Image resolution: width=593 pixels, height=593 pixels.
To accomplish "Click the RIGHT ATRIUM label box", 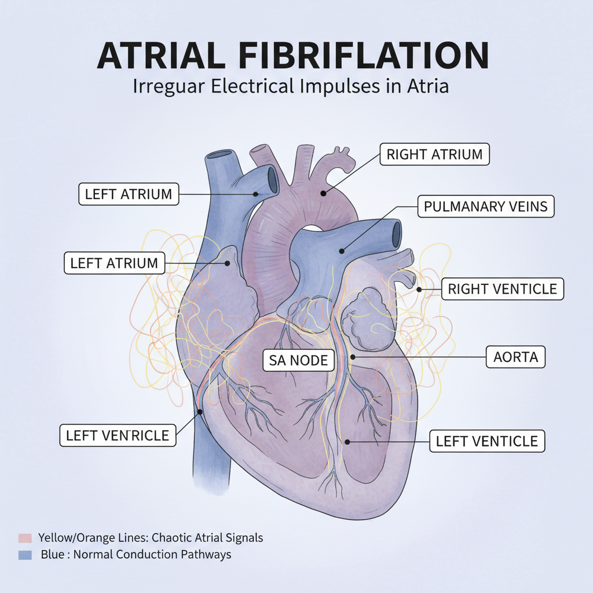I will pos(434,155).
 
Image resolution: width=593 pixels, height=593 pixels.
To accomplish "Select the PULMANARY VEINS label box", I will pos(485,206).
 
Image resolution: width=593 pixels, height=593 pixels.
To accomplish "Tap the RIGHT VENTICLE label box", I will pos(502,288).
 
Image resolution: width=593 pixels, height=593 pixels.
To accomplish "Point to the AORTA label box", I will pos(515,357).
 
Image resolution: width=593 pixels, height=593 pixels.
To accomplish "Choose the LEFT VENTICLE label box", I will pos(486,441).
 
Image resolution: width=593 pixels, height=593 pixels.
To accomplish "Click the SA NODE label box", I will pos(299,361).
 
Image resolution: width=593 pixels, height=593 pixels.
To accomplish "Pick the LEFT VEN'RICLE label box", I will pos(118,435).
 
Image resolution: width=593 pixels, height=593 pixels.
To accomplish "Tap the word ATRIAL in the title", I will pos(158,56).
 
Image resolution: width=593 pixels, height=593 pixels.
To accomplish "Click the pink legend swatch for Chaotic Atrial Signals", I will pos(24,538).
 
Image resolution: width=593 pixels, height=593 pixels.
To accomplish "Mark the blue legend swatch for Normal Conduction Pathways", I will pos(24,555).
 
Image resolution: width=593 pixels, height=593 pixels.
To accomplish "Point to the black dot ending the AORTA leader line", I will pos(352,357).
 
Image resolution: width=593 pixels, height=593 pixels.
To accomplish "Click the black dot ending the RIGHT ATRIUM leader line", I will pos(324,193).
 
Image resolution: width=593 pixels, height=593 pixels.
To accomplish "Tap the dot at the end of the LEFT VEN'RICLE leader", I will pos(200,412).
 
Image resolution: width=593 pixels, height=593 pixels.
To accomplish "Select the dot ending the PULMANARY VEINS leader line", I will pos(342,251).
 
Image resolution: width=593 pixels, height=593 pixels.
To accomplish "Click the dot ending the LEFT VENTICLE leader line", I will pos(346,442).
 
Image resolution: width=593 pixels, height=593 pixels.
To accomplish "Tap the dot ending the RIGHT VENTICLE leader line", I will pos(419,288).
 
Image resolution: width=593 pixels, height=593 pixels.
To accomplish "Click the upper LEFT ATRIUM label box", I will pos(129,194).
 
